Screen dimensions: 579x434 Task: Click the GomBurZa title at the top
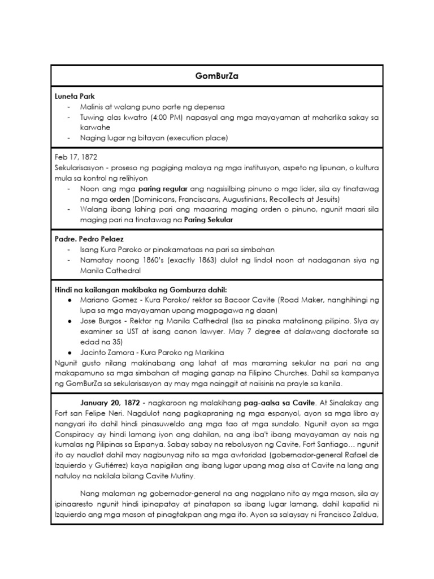click(217, 76)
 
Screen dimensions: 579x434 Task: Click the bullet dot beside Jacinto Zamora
click(69, 352)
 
